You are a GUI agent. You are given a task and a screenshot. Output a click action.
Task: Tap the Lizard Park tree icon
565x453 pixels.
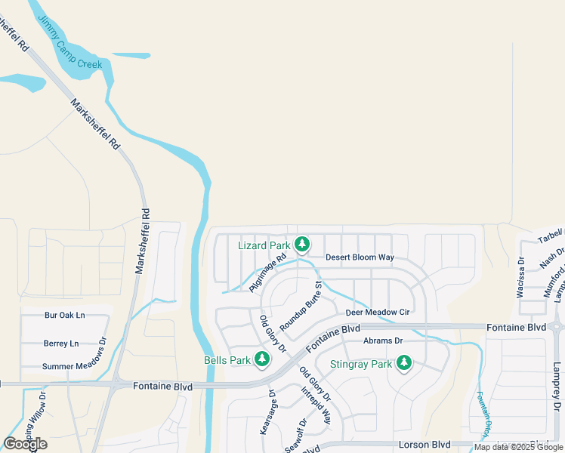tap(302, 244)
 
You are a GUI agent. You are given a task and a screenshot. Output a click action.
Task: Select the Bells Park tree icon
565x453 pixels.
tap(262, 359)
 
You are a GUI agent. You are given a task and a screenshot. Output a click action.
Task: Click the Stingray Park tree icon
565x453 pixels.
tap(404, 363)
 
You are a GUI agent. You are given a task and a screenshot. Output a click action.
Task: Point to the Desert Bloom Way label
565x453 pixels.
tap(360, 257)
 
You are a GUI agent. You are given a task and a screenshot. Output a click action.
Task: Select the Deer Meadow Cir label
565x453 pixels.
tap(377, 312)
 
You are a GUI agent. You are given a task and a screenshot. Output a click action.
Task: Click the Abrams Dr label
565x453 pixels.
tap(383, 341)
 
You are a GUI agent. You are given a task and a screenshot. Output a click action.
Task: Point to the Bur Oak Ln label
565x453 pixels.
tap(65, 315)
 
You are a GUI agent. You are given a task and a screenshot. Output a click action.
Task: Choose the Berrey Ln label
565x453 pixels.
tap(61, 344)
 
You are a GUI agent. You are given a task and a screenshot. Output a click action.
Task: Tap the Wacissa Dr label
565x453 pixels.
tap(521, 277)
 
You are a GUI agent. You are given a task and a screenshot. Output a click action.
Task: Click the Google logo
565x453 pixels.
tap(25, 444)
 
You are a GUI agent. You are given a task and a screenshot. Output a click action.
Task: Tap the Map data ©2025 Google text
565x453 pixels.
tap(519, 447)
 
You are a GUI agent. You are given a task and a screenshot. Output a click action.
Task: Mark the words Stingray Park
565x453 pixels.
tap(361, 364)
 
